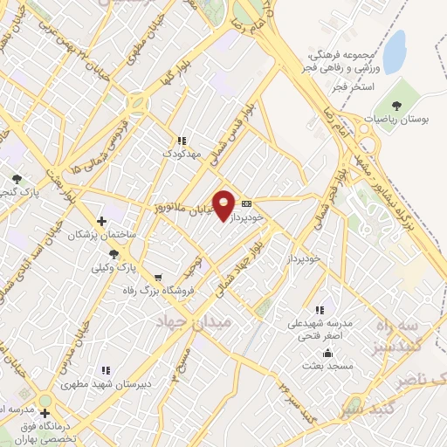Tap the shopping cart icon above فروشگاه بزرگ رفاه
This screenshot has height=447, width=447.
coord(157,277)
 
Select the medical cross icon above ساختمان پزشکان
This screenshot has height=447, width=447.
coord(102,221)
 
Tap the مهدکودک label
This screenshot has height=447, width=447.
coord(182,155)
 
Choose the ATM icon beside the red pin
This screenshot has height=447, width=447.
coord(247,200)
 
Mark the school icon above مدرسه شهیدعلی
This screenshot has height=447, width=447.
coord(320,310)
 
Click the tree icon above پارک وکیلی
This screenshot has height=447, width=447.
coord(114,253)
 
